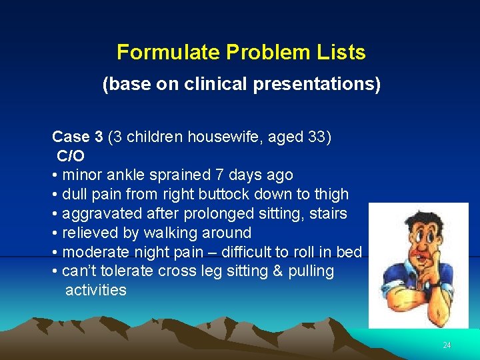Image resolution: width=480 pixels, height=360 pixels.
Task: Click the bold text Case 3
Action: point(77,137)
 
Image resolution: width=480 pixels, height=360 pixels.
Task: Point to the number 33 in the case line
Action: point(316,137)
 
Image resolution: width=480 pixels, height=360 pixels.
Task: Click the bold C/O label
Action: point(71,156)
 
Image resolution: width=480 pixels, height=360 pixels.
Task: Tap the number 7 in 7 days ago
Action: point(219,175)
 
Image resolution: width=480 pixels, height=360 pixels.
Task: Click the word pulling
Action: point(311,271)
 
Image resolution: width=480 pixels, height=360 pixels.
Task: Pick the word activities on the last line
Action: point(95,290)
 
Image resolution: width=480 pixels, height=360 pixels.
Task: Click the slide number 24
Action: point(447,345)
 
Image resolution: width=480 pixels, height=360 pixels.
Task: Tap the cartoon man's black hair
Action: point(416,220)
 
